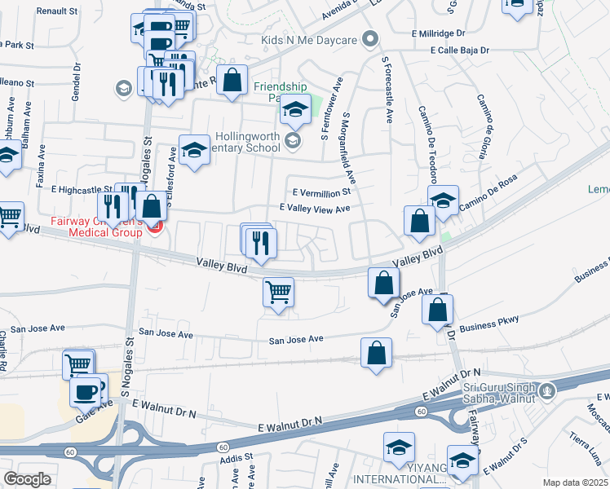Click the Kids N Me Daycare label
coord(310,39)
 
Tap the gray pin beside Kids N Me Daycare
coord(371,39)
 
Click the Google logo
coord(27,479)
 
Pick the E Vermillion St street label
coord(317,192)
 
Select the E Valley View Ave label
coord(315,209)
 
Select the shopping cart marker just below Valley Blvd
coord(278,292)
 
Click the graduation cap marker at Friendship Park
coord(295,110)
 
